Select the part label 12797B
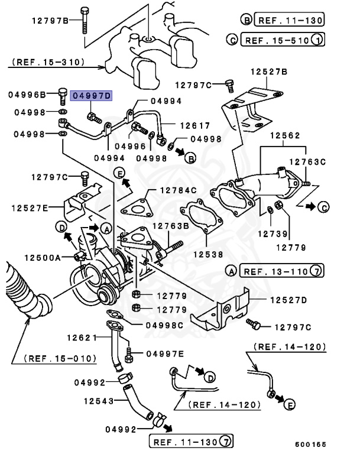(50, 21)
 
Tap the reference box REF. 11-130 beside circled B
(289, 20)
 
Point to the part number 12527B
(268, 72)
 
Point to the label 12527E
(28, 207)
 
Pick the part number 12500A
(42, 257)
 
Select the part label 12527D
(289, 300)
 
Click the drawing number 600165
(310, 443)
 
